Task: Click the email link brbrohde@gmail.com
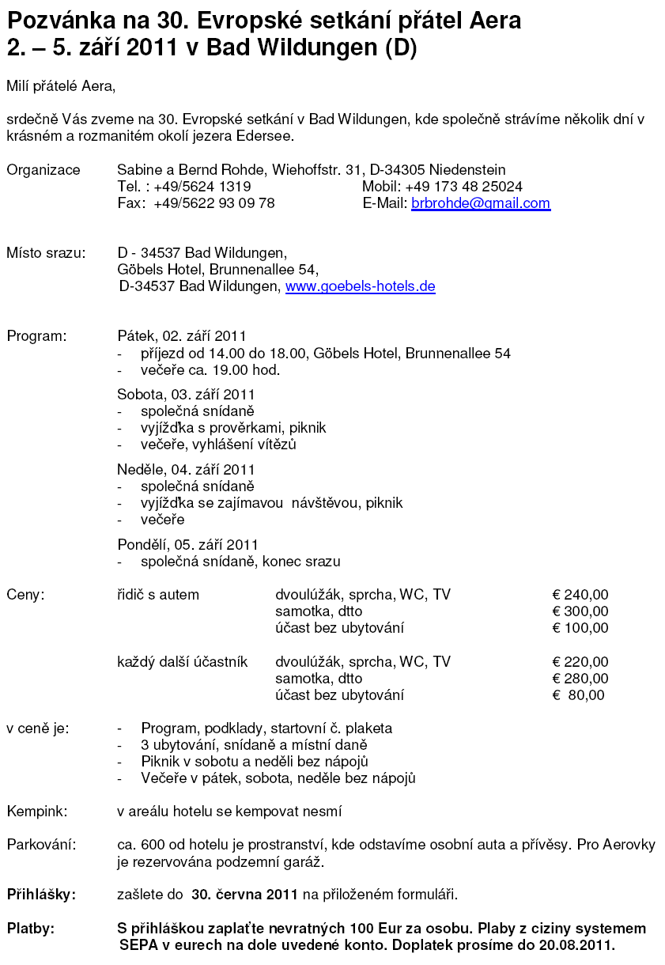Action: coord(480,203)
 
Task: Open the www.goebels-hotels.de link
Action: coord(360,286)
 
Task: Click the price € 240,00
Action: coord(580,595)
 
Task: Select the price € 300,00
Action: coord(580,611)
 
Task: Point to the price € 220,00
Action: coord(580,662)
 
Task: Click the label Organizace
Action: coord(43,170)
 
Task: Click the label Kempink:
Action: coord(37,812)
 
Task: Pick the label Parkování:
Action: coord(41,845)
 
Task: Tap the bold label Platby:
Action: coord(31,929)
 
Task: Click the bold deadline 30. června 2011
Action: coord(244,895)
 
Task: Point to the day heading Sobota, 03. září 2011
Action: coord(186,394)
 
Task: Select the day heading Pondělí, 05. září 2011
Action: coord(187,545)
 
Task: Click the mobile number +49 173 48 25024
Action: coord(463,187)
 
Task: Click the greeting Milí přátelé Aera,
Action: coord(61,85)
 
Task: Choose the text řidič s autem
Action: coord(158,595)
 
